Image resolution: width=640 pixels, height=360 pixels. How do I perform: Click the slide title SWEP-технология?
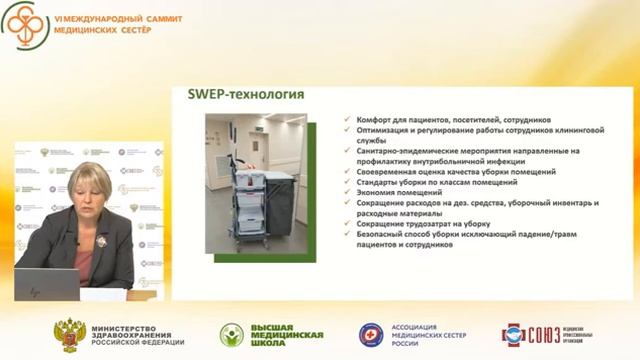(246, 95)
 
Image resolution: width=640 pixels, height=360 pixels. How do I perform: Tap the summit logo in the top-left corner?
(22, 28)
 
